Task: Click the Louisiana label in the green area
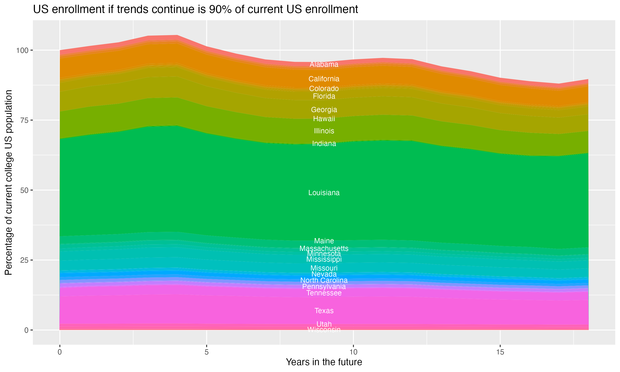(324, 193)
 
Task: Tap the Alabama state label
(324, 64)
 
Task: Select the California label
(324, 79)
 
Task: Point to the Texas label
(324, 311)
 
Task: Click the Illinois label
(324, 131)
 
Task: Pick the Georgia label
(324, 110)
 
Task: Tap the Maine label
(324, 241)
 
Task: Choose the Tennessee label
(324, 293)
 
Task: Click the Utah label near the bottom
(324, 324)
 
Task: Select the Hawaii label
(324, 119)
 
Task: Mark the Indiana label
(324, 144)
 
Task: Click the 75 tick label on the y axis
(24, 120)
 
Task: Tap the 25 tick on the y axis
(24, 260)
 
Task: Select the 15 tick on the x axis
(500, 352)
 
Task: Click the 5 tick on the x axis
(206, 352)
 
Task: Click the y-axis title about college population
(8, 182)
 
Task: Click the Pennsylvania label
(324, 286)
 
